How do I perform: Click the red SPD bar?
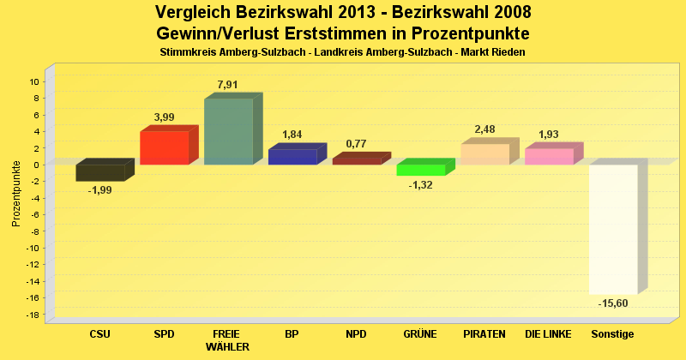point(164,147)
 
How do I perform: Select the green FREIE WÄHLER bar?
point(228,131)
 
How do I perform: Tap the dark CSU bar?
point(99,172)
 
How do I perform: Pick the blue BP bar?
point(292,157)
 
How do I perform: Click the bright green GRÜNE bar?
point(420,170)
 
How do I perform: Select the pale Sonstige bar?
point(613,229)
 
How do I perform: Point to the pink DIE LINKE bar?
point(549,156)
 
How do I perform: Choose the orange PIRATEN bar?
point(484,154)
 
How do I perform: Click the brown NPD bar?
point(357,160)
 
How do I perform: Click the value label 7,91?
point(228,84)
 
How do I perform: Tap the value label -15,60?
point(613,303)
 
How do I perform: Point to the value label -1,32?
point(420,185)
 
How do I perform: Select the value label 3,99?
point(164,117)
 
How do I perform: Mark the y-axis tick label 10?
point(34,82)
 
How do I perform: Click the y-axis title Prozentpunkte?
point(16,193)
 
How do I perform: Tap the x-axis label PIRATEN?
point(484,333)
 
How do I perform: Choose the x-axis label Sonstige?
point(612,333)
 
